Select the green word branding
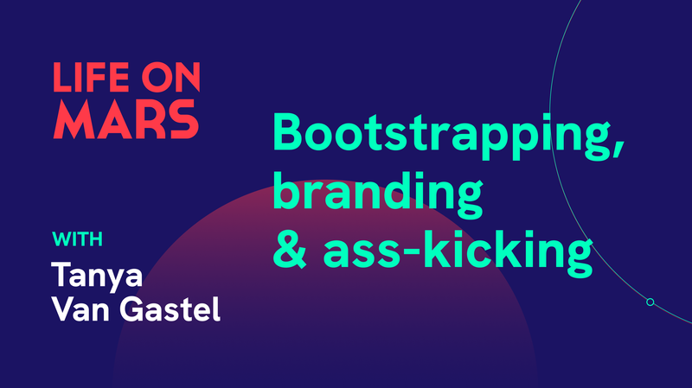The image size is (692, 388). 377,191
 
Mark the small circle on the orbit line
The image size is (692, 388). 650,302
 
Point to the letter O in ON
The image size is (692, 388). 156,78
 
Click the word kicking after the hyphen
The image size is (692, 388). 506,248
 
